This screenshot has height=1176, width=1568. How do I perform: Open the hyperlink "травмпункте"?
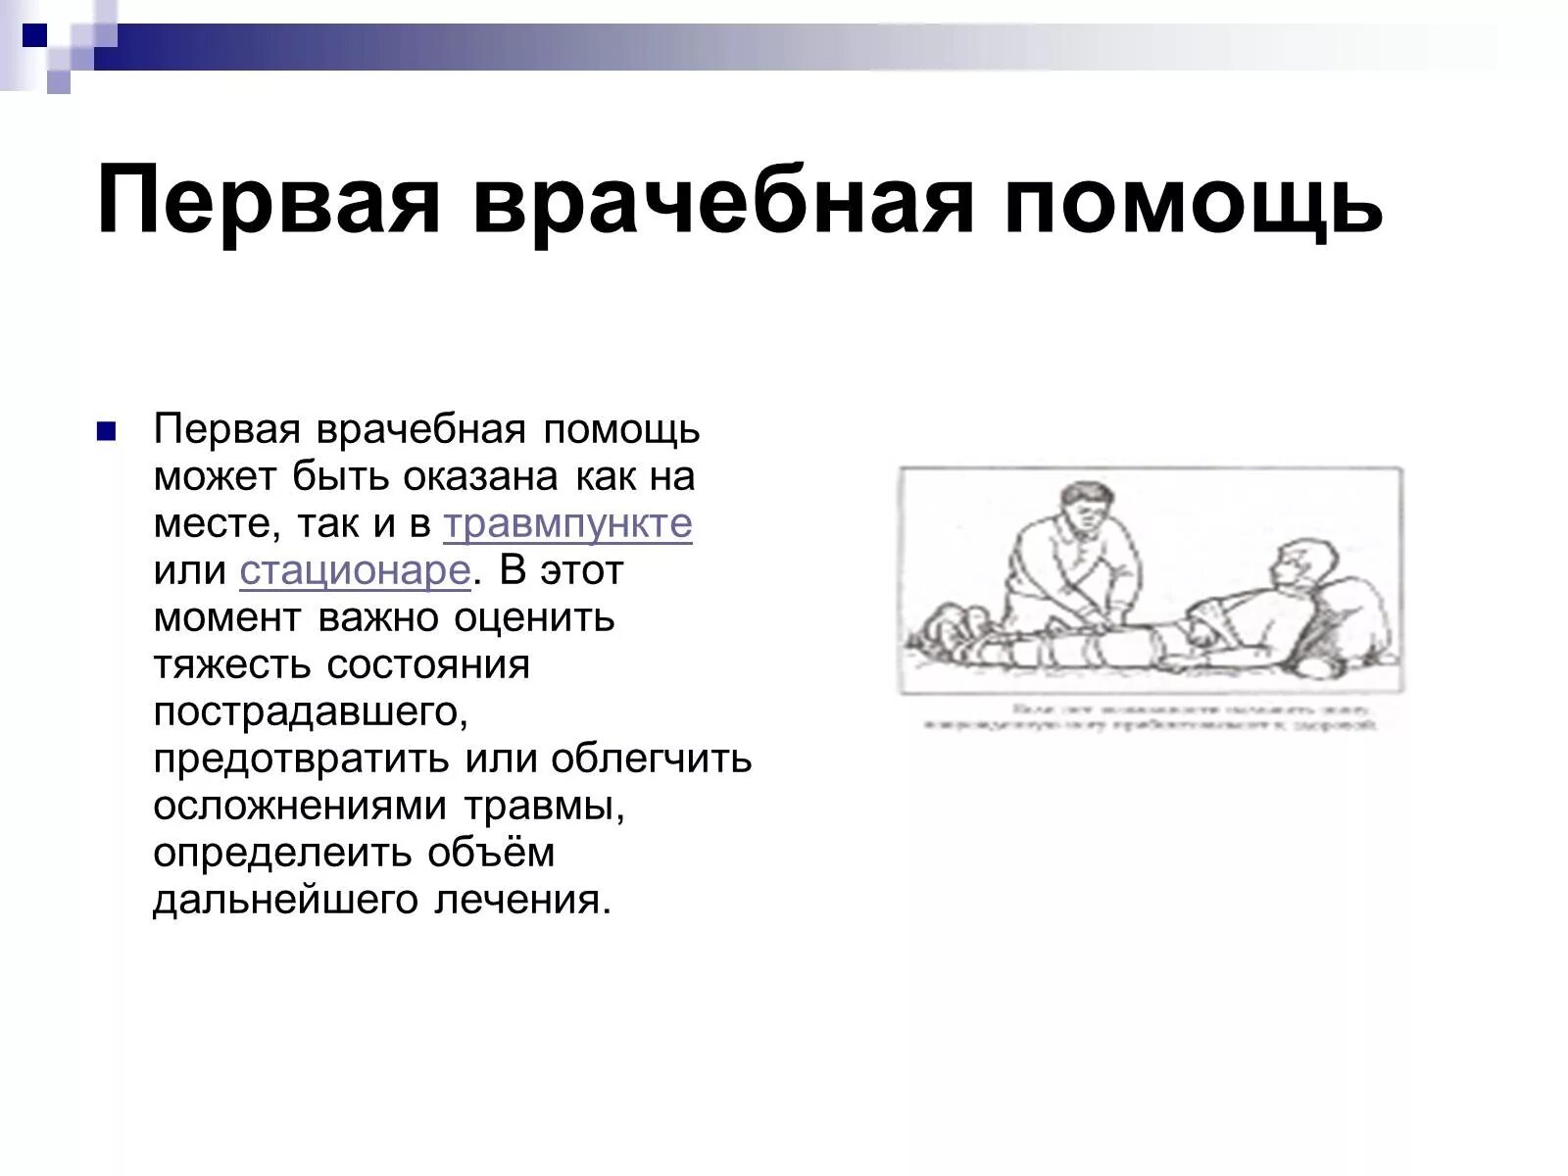tap(567, 524)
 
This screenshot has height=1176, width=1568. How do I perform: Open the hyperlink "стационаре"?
tap(356, 571)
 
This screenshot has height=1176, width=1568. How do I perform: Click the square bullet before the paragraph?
tap(107, 431)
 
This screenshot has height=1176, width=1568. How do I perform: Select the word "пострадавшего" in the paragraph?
tap(311, 712)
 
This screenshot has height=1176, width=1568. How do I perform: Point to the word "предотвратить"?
tap(299, 759)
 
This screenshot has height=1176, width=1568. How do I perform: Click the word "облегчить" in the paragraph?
tap(651, 759)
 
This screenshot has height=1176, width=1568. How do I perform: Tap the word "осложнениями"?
tap(301, 807)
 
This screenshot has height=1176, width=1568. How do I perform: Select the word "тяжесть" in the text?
tap(232, 665)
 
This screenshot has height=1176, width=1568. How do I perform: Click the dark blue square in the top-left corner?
tap(35, 37)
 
